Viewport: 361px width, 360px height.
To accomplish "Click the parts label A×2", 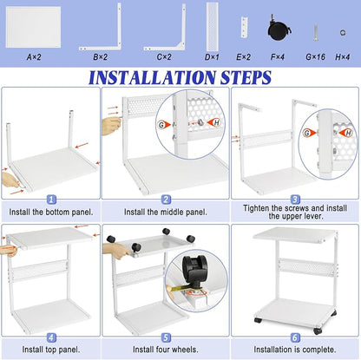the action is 34,57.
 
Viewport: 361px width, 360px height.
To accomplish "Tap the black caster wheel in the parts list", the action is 279,28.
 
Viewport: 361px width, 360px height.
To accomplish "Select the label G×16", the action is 316,57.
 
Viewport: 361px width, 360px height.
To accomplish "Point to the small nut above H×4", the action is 343,32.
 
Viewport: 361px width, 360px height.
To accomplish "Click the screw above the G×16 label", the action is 316,32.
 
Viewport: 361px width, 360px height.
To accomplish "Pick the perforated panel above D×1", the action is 213,27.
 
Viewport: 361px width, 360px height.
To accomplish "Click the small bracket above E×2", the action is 245,27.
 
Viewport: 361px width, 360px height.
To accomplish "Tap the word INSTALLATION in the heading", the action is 152,77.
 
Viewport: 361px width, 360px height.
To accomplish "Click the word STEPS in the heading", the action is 246,77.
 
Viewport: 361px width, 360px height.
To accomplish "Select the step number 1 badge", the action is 51,200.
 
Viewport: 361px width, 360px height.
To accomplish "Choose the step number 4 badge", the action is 51,337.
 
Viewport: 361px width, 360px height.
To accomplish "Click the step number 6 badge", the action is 295,337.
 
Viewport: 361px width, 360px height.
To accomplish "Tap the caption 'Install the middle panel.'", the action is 166,213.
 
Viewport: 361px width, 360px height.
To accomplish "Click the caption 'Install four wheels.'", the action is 166,350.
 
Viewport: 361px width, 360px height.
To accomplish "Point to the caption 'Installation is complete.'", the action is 295,350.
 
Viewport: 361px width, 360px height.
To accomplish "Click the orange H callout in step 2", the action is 214,123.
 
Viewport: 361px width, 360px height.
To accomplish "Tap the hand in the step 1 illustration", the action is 11,180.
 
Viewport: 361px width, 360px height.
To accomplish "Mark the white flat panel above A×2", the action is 33,27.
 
